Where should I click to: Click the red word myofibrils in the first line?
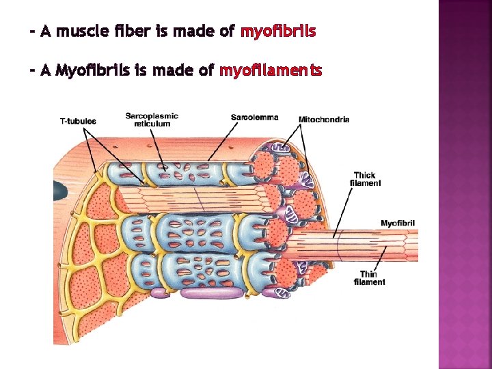coord(278,31)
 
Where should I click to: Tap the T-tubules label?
coord(79,121)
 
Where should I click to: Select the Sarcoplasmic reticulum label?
coord(152,120)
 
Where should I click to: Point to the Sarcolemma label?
coord(254,118)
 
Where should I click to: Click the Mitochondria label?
coord(324,120)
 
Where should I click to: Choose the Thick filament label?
coord(366,179)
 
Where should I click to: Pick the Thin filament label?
coord(370,278)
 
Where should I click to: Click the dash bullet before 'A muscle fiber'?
coord(32,31)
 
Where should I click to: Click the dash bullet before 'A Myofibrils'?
coord(32,70)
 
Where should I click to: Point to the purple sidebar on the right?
coord(465,184)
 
